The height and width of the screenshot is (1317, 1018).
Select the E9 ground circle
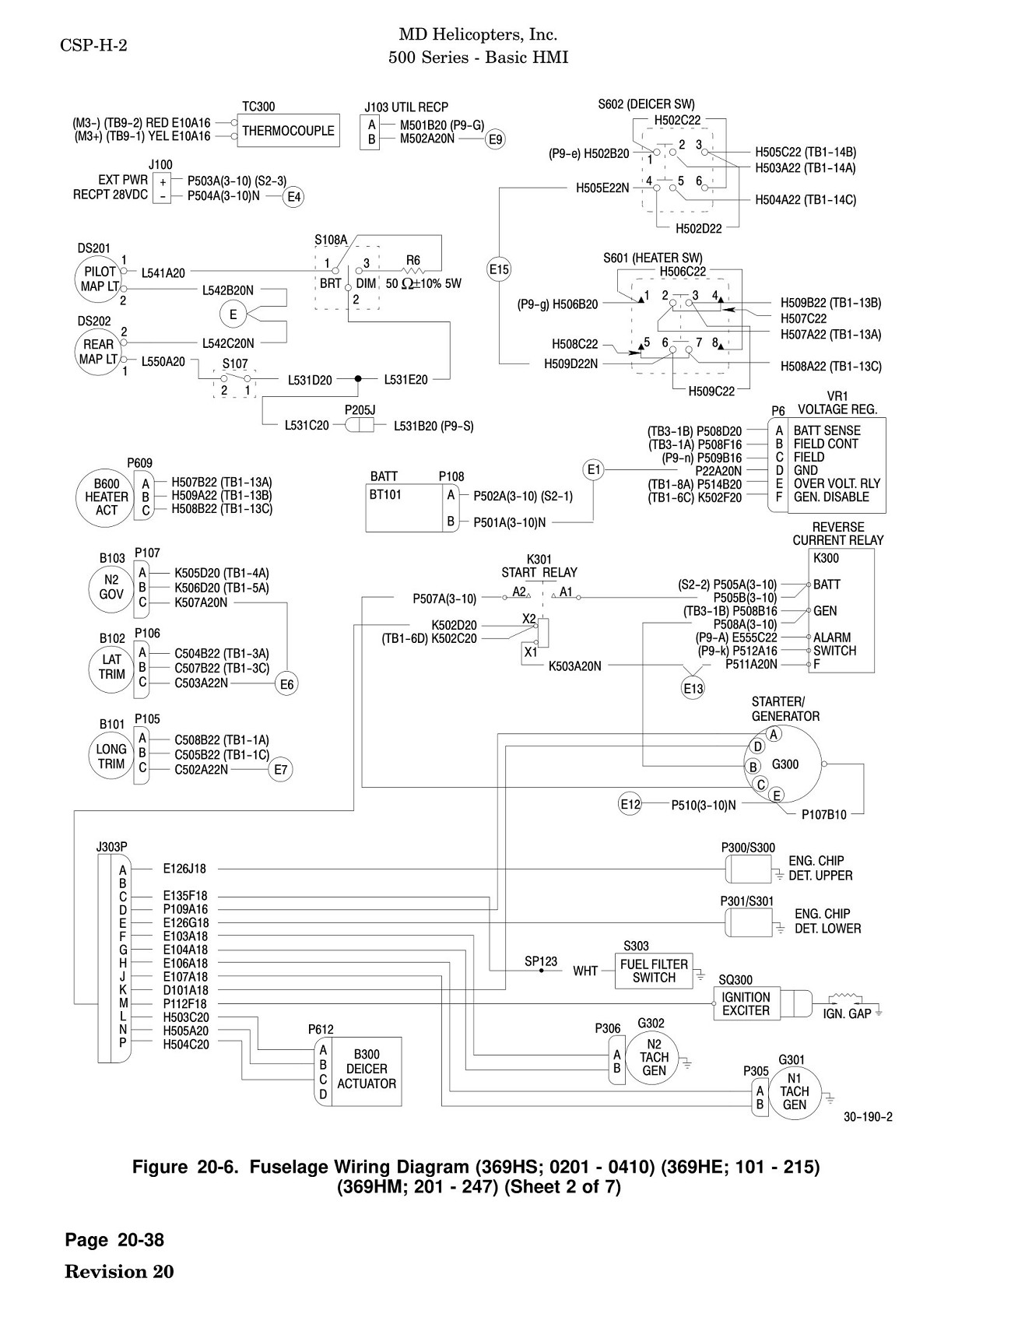click(x=495, y=139)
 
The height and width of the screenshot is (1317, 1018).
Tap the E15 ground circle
click(x=499, y=270)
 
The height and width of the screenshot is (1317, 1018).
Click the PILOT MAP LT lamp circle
click(x=99, y=279)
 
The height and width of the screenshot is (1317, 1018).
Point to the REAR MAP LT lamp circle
click(x=99, y=351)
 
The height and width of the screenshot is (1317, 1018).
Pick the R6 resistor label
click(x=413, y=260)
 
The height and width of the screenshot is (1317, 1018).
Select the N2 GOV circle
click(x=111, y=587)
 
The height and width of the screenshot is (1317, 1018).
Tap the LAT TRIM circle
click(x=111, y=667)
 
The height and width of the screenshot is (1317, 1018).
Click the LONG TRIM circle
click(x=111, y=756)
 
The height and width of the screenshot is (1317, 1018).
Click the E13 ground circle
click(x=693, y=689)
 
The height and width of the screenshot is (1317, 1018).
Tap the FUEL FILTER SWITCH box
click(x=654, y=971)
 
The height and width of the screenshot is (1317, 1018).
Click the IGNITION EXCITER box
click(x=746, y=1004)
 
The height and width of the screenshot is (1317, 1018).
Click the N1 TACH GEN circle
click(x=794, y=1091)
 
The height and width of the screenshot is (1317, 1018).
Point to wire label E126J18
click(x=185, y=869)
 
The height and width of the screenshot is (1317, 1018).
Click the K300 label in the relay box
click(x=826, y=558)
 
